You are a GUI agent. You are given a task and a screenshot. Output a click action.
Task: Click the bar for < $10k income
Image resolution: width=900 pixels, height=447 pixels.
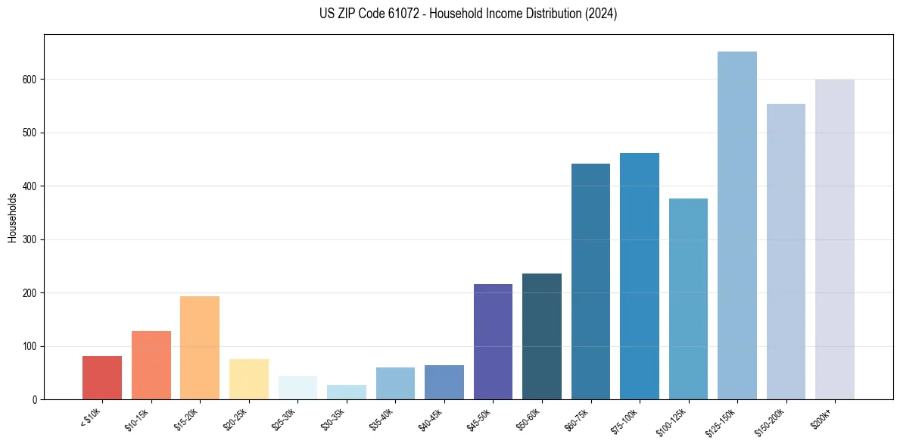102,377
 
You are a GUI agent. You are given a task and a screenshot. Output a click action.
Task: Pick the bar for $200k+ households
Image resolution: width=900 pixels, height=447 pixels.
835,239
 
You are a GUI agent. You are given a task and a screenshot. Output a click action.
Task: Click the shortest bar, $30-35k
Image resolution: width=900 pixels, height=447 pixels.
347,392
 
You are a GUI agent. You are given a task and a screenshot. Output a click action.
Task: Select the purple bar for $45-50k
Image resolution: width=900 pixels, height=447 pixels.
493,342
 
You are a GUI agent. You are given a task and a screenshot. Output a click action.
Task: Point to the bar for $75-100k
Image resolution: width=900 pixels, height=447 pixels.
640,276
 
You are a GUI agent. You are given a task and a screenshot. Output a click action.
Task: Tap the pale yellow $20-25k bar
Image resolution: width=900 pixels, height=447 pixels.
249,379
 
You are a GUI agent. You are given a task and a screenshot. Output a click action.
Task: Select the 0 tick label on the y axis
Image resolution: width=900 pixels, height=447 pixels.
36,399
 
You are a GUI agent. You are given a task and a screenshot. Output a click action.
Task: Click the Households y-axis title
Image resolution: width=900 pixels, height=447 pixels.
13,217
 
